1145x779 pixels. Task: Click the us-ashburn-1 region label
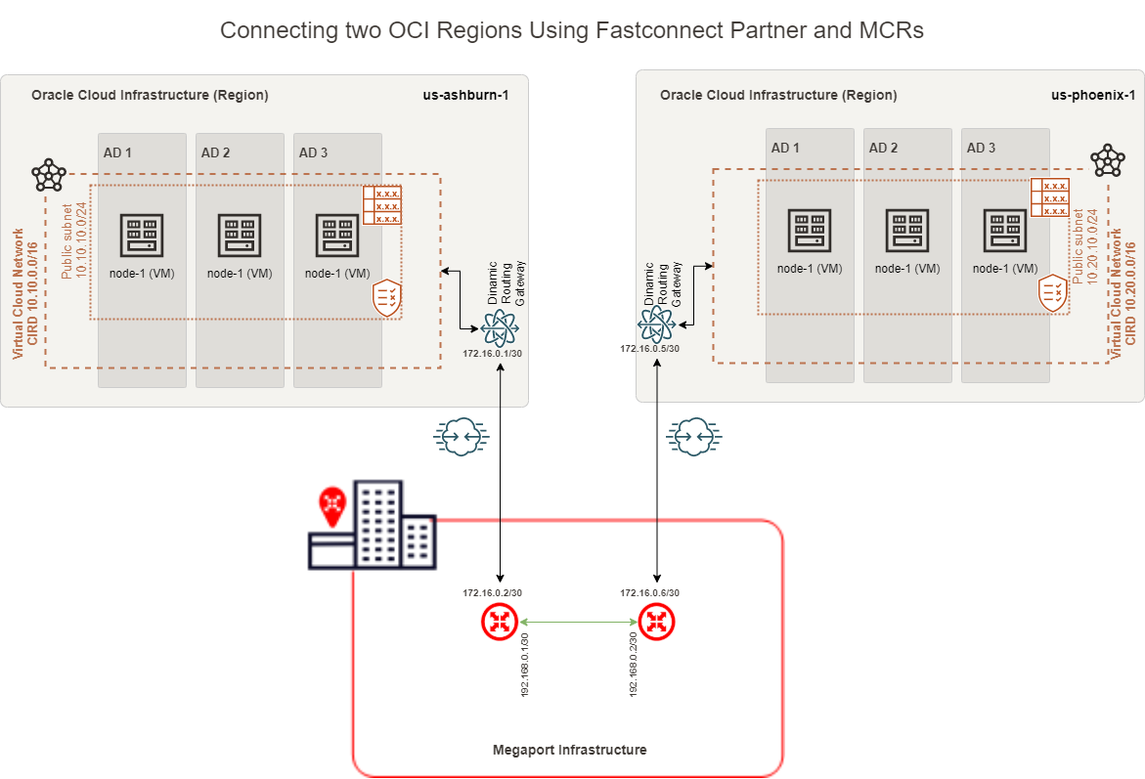465,95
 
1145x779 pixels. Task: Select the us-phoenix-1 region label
1092,95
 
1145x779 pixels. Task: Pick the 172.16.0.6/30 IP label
649,592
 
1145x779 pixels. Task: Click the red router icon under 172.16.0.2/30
500,622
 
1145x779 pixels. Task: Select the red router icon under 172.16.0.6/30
656,622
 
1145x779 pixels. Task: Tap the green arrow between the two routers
578,622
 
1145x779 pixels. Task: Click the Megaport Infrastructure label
569,750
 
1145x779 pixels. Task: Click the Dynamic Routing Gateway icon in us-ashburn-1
501,326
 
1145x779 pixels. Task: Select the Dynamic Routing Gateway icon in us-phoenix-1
656,323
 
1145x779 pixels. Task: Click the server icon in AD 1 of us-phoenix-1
810,231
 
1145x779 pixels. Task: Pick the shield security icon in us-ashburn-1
387,298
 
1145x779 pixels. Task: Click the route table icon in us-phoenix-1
1049,197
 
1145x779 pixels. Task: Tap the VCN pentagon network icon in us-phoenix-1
1108,159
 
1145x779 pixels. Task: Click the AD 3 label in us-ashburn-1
314,152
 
